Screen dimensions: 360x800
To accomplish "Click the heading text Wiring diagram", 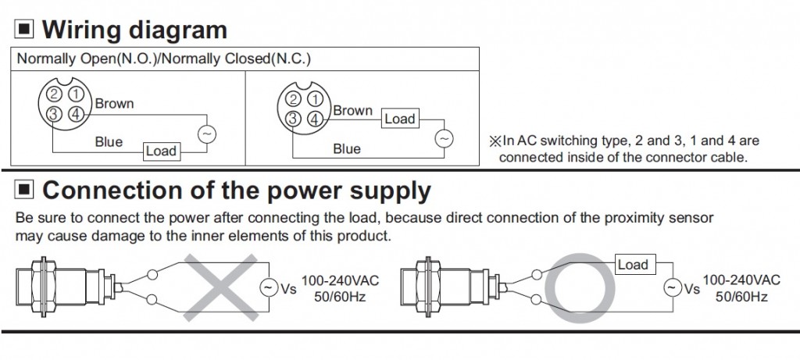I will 134,30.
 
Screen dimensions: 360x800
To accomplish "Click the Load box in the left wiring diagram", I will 161,150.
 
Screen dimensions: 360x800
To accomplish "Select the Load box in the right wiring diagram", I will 399,119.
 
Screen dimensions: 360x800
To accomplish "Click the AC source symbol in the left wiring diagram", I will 207,134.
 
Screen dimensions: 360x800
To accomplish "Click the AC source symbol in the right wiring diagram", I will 443,138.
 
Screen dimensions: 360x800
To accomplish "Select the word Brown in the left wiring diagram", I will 115,103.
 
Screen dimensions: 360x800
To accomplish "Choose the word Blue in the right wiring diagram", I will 347,148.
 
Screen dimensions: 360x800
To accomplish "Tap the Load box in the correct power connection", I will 633,264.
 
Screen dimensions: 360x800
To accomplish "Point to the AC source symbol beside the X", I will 268,288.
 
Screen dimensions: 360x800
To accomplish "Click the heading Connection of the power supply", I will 236,190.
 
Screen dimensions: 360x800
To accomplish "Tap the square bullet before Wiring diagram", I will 26,30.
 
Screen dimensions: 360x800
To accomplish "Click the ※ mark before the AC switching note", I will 494,141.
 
